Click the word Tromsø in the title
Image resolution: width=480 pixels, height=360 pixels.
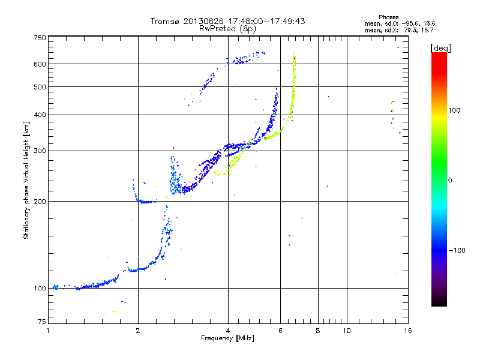(x=166, y=21)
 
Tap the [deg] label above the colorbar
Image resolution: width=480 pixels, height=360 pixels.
(x=441, y=47)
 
